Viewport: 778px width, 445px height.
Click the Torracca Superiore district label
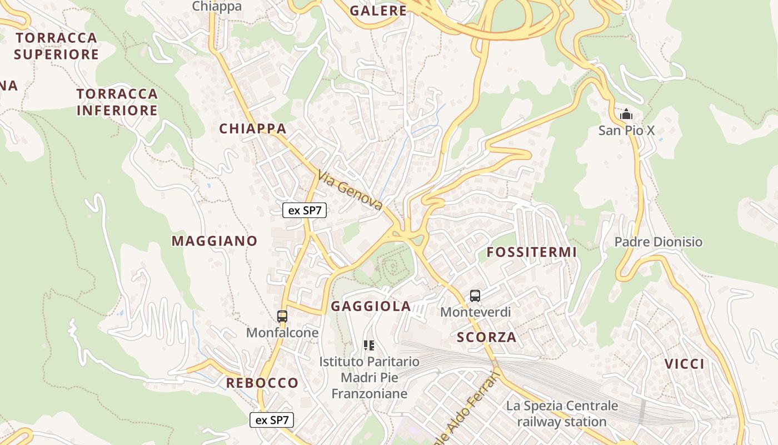point(56,46)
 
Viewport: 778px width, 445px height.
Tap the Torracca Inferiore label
point(117,102)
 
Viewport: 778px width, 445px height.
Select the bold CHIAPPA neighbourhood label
point(253,128)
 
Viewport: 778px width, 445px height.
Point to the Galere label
point(378,11)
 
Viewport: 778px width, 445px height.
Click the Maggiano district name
point(215,241)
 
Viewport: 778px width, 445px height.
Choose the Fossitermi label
point(532,252)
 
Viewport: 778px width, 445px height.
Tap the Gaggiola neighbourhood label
point(371,306)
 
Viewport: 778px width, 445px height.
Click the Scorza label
point(487,337)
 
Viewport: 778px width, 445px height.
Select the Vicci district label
point(685,364)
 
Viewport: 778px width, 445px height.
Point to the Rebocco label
point(262,383)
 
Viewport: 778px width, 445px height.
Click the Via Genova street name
point(351,191)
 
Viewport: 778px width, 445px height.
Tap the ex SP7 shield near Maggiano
point(305,210)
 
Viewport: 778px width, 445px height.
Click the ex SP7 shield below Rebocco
point(272,420)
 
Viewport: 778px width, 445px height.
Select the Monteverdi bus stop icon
point(475,296)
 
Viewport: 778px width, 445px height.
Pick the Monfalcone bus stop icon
point(282,317)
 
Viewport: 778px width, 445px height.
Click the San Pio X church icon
point(626,115)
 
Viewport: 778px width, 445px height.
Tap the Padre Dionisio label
point(659,242)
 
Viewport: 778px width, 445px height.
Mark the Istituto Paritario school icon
point(369,345)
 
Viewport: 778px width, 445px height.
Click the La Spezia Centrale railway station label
point(562,414)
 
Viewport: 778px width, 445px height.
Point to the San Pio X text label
point(627,131)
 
